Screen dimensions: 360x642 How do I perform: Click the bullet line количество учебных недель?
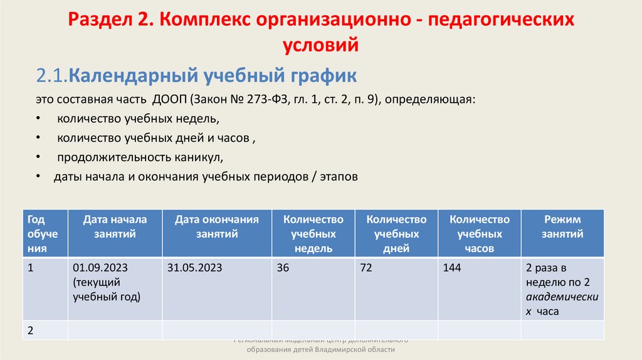(138, 119)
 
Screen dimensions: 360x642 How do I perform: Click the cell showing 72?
(366, 268)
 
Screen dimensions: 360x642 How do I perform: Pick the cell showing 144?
(451, 268)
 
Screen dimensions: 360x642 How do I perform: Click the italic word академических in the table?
(562, 296)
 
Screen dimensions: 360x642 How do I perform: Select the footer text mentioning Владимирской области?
(320, 350)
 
